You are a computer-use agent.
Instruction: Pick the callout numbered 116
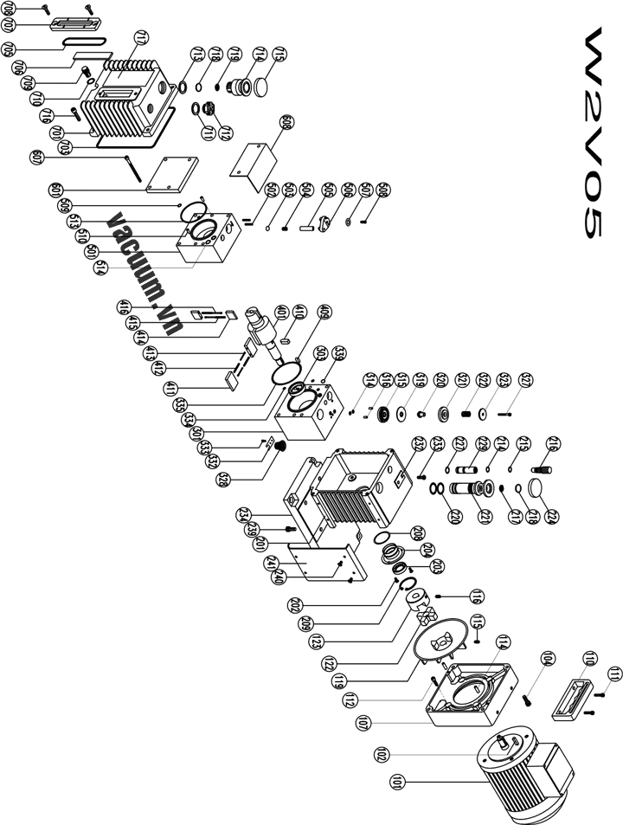pos(475,596)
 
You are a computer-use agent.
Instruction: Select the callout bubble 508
pos(383,190)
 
